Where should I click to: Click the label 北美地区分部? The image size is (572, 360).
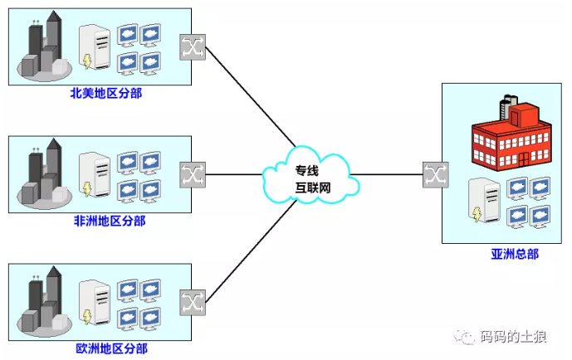point(105,93)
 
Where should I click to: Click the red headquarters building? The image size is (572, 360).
point(511,135)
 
